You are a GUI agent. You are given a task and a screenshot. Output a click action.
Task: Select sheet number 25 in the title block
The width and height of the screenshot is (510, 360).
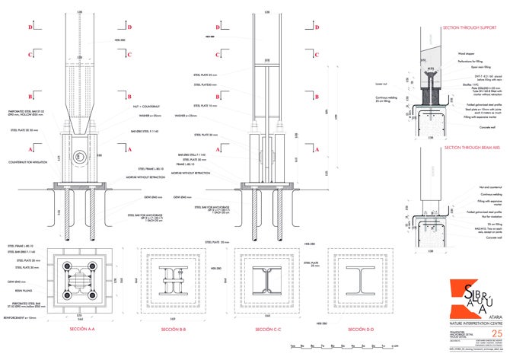pos(497,313)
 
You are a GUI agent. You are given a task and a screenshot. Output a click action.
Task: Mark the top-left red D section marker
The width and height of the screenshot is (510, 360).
pos(31,27)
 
